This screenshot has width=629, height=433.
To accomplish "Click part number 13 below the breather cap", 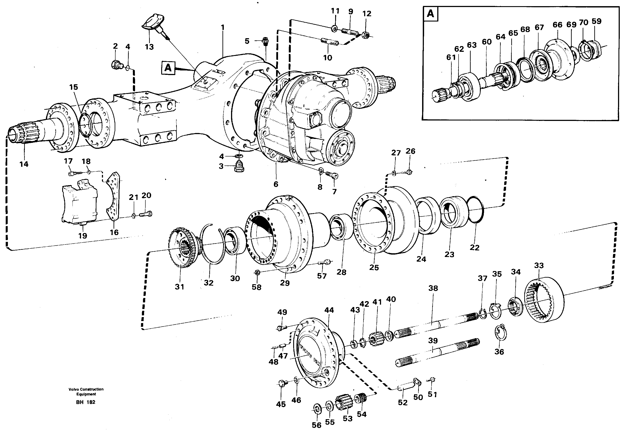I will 149,47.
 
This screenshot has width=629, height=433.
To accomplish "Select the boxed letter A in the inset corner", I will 430,14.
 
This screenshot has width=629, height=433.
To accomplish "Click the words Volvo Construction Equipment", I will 86,392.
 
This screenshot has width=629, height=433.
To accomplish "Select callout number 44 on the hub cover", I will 329,310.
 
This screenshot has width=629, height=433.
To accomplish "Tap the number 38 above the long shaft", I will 433,288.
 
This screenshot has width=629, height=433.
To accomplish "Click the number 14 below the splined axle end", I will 24,164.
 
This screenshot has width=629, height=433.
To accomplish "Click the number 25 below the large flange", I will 374,267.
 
